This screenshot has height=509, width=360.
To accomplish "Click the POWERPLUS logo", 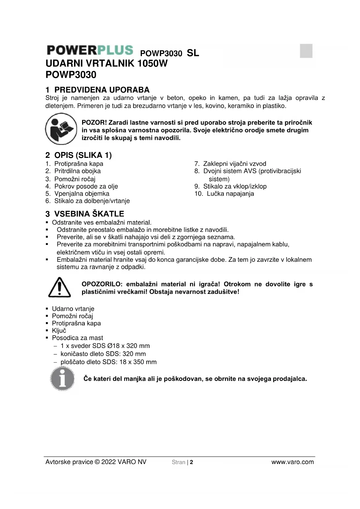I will tap(90, 50).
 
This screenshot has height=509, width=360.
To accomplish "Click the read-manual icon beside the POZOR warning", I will tap(61, 129).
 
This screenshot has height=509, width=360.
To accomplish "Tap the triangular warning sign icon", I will tap(59, 287).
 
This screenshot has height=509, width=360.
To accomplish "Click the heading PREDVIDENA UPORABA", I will tap(102, 90).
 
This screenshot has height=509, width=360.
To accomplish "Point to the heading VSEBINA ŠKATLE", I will tap(89, 214).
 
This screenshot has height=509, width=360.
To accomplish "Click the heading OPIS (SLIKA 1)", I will tap(83, 155).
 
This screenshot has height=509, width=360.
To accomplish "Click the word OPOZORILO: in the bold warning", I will tap(102, 284).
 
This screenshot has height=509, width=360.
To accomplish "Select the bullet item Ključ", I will tap(59, 331).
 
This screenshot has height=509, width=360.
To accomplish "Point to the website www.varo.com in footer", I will tap(292, 462).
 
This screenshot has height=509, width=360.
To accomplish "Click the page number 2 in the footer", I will tap(191, 462).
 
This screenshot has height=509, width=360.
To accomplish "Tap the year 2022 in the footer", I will tap(108, 462).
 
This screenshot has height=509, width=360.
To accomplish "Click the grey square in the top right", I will tap(306, 51).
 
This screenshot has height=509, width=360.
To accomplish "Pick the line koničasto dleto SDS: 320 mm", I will tap(103, 354).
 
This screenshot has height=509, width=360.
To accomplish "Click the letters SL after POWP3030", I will tap(193, 53).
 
